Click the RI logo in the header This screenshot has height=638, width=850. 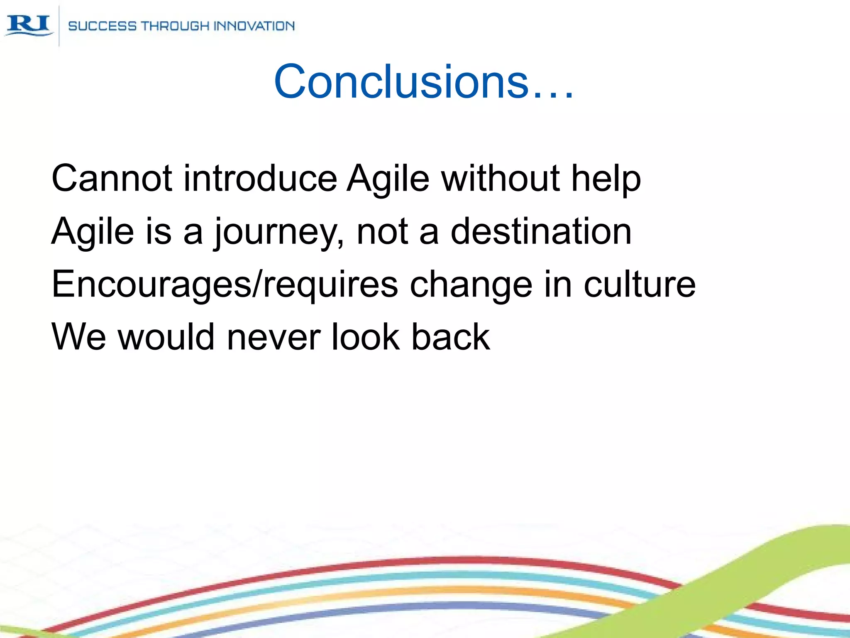(x=29, y=25)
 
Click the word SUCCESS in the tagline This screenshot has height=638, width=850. (x=102, y=26)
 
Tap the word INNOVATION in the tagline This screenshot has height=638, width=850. (x=254, y=26)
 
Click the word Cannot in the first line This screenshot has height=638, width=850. (x=112, y=179)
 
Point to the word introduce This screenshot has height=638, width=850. (x=260, y=179)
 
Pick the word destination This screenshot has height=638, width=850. (x=541, y=231)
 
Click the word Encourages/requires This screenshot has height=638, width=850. (x=225, y=285)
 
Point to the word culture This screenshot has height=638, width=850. (x=640, y=285)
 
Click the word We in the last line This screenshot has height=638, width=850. (x=78, y=337)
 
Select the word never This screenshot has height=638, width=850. (x=274, y=337)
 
